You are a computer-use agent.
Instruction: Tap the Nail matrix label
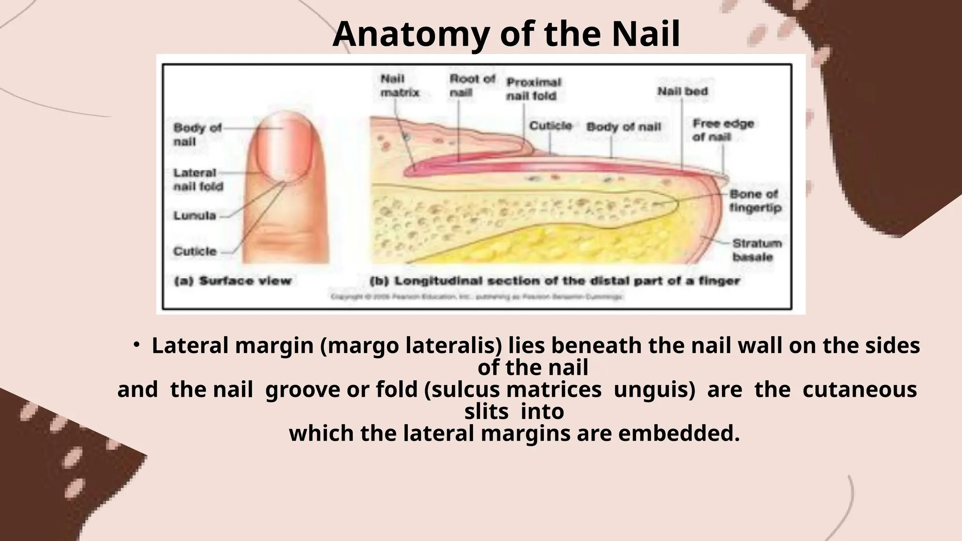point(399,86)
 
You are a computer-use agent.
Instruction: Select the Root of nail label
point(472,86)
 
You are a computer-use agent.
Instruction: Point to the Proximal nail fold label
point(533,89)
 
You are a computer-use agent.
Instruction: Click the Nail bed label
point(682,92)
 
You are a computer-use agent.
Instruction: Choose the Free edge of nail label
point(722,130)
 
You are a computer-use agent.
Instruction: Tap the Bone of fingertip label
point(755,201)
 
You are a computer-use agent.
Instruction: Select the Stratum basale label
point(757,250)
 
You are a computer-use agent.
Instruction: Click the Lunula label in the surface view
point(194,216)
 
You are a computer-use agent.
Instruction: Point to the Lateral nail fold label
point(198,180)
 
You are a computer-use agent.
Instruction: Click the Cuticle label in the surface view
point(195,251)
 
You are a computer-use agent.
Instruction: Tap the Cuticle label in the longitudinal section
point(551,126)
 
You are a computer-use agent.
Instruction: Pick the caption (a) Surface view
point(233,281)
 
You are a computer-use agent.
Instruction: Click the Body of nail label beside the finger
point(196,135)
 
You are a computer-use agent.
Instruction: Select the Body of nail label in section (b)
point(623,127)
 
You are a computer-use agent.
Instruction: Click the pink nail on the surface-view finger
point(283,147)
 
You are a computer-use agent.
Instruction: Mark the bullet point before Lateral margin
point(136,346)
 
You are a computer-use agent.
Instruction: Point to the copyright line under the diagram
point(477,297)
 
